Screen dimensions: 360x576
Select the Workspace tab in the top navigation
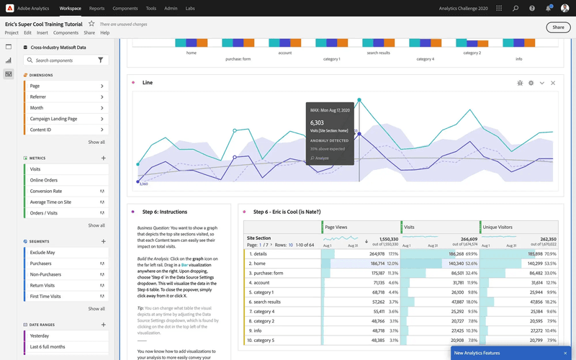click(x=70, y=8)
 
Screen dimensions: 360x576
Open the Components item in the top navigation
click(x=125, y=8)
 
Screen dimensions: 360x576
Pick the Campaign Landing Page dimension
click(x=53, y=119)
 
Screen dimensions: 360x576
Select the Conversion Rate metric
click(x=45, y=191)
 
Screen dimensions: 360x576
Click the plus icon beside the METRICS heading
click(x=104, y=157)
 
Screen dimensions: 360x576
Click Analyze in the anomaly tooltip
click(x=320, y=157)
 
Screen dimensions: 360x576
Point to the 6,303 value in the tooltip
click(x=318, y=122)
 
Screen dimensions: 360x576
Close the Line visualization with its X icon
click(x=553, y=83)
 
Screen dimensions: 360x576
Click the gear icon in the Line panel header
click(x=531, y=83)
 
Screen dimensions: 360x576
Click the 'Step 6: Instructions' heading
click(x=165, y=212)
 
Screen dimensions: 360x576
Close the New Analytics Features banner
click(x=565, y=353)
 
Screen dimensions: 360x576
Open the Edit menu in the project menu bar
click(x=27, y=33)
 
